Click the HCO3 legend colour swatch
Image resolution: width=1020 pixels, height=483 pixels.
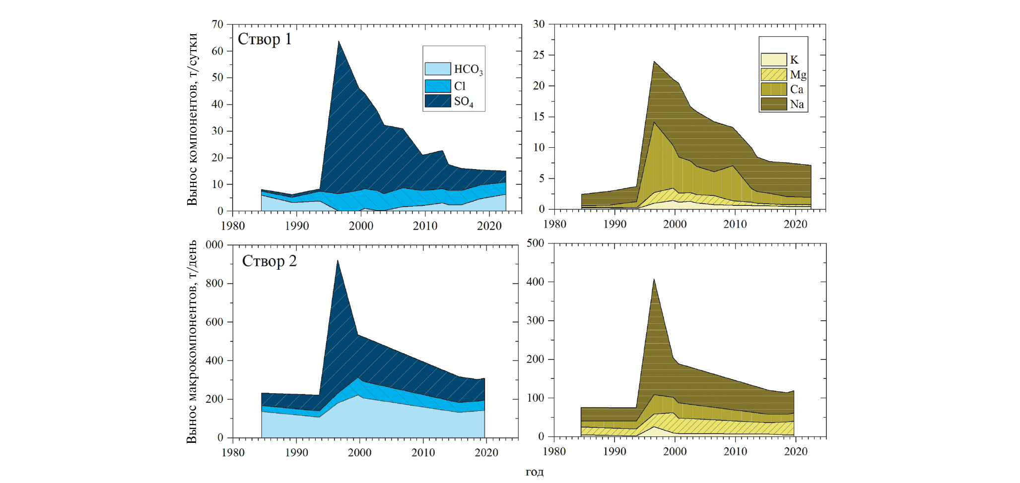tap(437, 69)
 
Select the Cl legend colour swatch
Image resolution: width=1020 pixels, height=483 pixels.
tap(437, 86)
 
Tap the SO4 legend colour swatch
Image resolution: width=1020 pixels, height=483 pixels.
tap(437, 101)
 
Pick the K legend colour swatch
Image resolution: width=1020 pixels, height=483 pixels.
tap(773, 60)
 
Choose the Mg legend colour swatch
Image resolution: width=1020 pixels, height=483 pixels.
tap(773, 74)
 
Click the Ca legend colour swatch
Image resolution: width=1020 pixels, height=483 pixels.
tap(773, 89)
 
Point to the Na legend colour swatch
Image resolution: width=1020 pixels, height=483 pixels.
tap(773, 104)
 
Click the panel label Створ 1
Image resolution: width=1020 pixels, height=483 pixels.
tap(265, 39)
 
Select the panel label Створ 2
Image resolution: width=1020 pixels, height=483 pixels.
tap(269, 261)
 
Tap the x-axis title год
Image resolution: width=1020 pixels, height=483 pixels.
tap(535, 472)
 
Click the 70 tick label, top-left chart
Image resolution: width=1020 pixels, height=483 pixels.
tap(217, 24)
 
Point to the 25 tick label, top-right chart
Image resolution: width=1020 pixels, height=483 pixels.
tap(539, 55)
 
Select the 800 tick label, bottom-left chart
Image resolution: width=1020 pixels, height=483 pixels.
tap(214, 284)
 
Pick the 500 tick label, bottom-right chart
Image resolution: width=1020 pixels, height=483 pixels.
tap(536, 243)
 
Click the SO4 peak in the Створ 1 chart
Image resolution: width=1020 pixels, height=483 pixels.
tap(339, 42)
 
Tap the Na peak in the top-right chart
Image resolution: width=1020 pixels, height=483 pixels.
tap(654, 62)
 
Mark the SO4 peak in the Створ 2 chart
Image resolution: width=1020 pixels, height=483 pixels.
tap(338, 260)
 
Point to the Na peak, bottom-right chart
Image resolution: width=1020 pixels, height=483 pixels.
tap(654, 279)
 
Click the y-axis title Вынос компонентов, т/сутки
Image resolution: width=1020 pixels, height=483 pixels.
tap(192, 119)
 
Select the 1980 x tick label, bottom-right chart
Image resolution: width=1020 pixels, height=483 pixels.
tap(554, 452)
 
